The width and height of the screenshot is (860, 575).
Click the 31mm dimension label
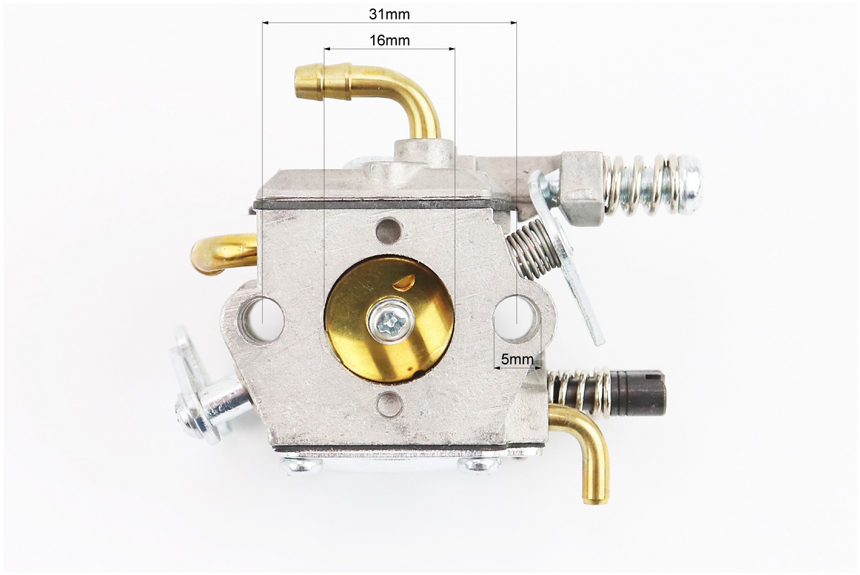pos(389,14)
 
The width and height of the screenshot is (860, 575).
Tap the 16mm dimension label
pos(390,40)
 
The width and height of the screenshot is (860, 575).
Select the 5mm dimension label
pos(517,359)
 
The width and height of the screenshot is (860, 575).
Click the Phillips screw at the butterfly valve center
pos(390,320)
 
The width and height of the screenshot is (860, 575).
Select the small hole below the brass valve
pos(389,404)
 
